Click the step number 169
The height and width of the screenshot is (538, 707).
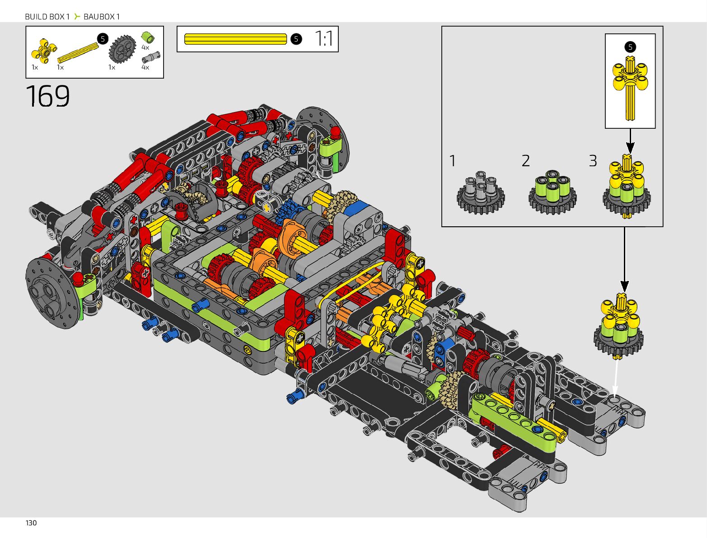tap(47, 96)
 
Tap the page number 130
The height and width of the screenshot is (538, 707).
tap(31, 523)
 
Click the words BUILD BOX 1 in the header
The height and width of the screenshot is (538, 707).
tap(47, 17)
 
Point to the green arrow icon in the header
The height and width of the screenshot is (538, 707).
tap(77, 16)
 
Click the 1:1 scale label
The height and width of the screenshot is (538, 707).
tap(324, 39)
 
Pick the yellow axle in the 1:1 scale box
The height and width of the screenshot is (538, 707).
tap(235, 39)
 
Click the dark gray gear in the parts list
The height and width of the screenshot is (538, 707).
tap(122, 49)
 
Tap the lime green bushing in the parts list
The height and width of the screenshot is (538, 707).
tap(148, 37)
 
